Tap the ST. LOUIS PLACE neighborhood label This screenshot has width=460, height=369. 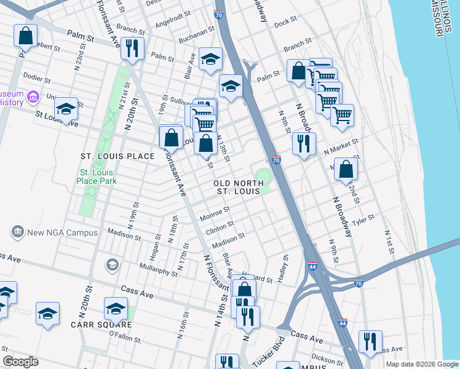click(118, 156)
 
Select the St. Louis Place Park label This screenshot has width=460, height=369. click(97, 177)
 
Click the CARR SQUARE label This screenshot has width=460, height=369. click(101, 324)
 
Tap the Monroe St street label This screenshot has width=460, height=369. click(215, 213)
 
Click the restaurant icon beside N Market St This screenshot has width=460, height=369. click(304, 144)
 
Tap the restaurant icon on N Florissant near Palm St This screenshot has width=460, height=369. click(133, 48)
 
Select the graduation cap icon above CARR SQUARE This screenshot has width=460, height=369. click(116, 308)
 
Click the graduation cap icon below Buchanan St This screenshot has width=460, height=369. click(211, 59)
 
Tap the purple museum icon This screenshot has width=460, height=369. click(33, 97)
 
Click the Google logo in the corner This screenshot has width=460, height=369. click(20, 362)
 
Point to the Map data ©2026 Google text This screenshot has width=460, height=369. click(421, 364)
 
